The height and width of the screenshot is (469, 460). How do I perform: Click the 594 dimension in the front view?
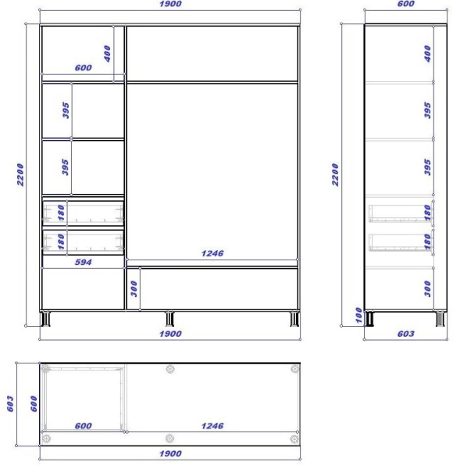84,263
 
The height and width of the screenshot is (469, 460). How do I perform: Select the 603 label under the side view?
405,334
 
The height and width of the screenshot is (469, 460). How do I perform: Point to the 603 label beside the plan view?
11,403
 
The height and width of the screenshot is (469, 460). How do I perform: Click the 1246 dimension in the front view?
212,253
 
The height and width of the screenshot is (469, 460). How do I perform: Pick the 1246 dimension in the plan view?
212,426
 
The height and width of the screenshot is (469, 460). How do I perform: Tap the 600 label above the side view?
405,4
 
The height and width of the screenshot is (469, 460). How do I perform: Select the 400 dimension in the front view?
108,53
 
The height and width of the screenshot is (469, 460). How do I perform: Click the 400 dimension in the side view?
427,53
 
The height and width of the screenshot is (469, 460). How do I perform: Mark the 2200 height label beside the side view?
336,174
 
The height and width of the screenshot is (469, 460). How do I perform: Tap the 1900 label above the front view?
170,4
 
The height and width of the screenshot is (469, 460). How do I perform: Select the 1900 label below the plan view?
170,453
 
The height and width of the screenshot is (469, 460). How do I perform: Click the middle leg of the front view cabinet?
169,318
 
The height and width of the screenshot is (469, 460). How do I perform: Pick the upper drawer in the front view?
84,212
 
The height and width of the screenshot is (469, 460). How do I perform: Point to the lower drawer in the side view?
398,242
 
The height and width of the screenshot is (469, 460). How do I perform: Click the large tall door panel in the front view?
212,168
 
